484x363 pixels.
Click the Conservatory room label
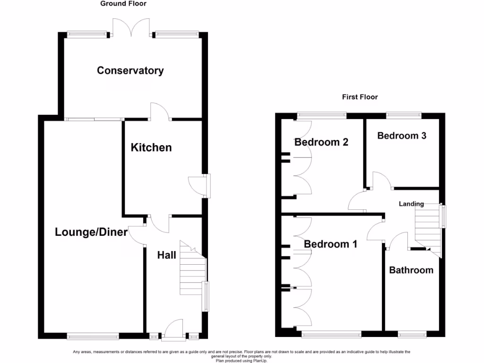click(x=130, y=70)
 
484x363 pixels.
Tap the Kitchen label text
click(x=151, y=147)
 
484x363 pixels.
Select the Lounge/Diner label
click(x=91, y=232)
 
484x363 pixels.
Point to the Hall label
click(x=166, y=255)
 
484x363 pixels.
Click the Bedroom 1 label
click(x=330, y=244)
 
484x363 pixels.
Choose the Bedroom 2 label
click(x=321, y=142)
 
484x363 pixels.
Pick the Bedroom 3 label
click(x=402, y=136)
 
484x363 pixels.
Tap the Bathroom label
click(x=411, y=270)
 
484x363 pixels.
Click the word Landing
click(x=411, y=204)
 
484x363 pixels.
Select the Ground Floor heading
click(x=123, y=4)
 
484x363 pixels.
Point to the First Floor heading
click(x=360, y=97)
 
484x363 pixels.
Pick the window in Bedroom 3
click(x=404, y=114)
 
